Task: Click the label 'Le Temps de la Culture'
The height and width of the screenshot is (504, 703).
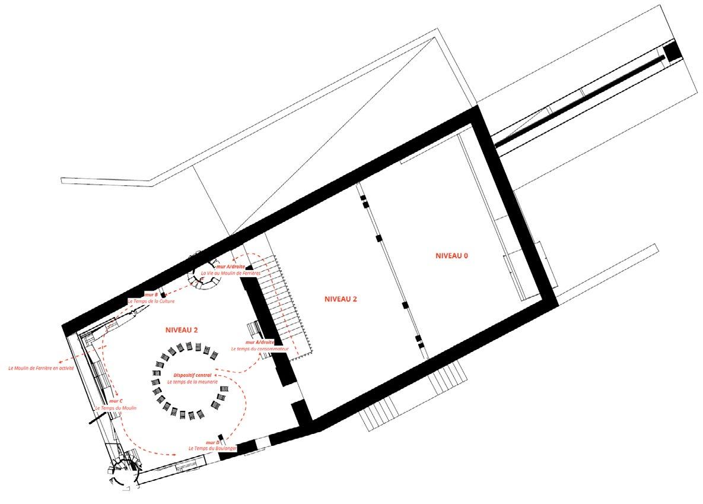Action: tap(151, 301)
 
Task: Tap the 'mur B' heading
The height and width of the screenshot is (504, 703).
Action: tap(151, 294)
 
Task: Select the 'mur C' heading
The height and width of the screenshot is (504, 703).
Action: tap(116, 401)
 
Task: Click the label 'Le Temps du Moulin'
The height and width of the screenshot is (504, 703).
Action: tap(116, 408)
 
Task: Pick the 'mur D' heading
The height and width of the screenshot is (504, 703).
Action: tap(213, 442)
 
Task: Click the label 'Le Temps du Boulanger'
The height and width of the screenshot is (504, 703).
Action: tap(213, 449)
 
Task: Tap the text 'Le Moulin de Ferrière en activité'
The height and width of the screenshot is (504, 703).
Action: tap(41, 368)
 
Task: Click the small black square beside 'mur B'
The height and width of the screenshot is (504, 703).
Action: tap(162, 294)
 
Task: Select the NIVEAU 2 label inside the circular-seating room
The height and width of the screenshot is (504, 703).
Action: tap(182, 330)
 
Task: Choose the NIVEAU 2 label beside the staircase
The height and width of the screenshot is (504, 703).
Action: tap(341, 299)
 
